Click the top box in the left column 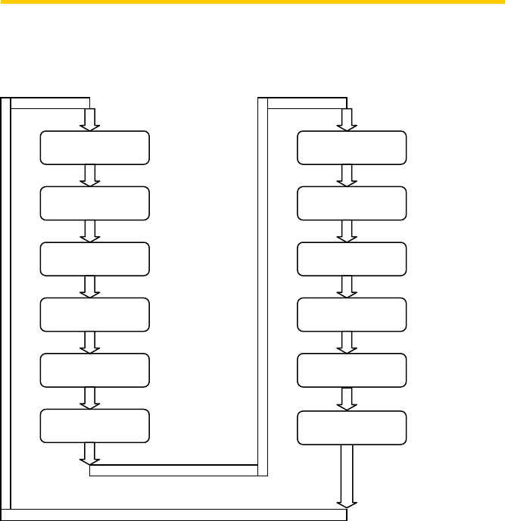94,148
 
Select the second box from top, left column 94,203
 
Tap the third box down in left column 94,259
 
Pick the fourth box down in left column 94,314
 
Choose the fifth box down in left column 94,370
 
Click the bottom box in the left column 94,426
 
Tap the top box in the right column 351,148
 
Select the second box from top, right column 351,203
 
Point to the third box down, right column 351,259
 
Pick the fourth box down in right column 351,314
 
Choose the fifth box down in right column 351,370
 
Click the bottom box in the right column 351,428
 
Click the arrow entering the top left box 90,120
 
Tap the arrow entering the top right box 347,120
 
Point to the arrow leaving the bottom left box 90,453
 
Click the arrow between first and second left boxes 90,175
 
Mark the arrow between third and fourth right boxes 347,286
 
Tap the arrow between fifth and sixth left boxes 90,398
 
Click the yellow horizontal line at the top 252,2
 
